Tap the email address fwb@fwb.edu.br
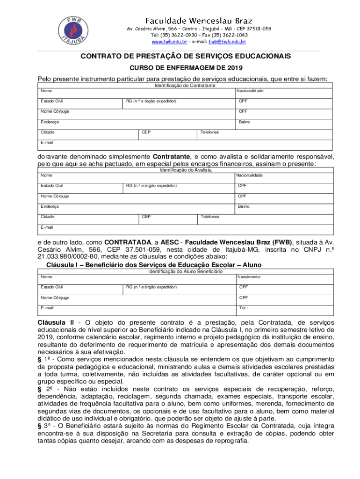click(227, 42)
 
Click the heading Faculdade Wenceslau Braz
click(199, 21)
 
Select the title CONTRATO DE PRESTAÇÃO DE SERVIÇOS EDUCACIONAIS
click(186, 56)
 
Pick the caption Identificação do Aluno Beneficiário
click(185, 271)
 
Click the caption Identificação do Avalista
click(185, 170)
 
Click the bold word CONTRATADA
click(128, 242)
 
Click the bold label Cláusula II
click(56, 323)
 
